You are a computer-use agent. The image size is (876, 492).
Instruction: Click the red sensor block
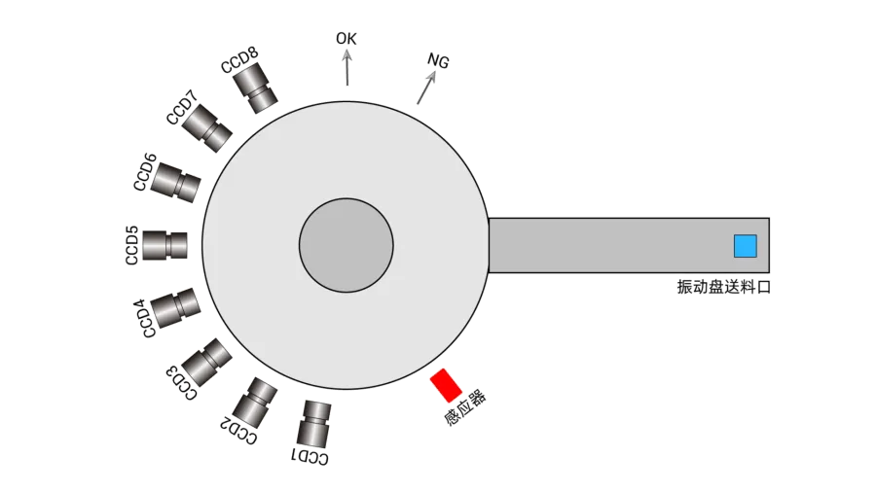447,384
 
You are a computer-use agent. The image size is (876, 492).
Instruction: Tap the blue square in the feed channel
746,246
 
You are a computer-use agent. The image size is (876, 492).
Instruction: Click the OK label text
347,39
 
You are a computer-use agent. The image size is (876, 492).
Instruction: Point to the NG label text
439,61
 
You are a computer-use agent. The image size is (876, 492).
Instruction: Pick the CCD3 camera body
206,362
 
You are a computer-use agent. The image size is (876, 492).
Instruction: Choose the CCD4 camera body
175,307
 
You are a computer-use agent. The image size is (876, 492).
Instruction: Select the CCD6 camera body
177,182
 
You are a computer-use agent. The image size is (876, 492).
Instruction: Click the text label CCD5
132,245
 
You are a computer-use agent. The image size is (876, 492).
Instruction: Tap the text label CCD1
311,456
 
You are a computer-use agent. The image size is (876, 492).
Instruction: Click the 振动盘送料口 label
723,287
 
